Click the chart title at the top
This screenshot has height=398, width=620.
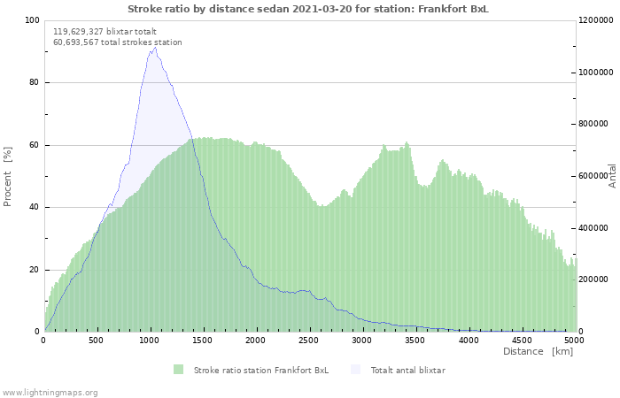click(307, 9)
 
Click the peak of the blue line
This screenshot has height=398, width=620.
click(155, 48)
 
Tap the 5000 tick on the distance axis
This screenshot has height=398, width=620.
click(574, 340)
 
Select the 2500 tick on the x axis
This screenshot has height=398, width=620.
click(309, 340)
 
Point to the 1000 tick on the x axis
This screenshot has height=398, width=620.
click(150, 340)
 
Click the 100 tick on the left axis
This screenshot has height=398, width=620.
click(32, 20)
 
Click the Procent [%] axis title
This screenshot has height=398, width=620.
click(8, 176)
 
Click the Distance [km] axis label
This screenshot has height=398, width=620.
click(538, 351)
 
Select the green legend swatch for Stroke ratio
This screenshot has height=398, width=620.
click(178, 370)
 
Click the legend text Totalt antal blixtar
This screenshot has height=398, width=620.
click(407, 370)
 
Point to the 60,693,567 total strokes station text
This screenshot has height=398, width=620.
click(118, 42)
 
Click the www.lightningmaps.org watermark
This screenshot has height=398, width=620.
click(50, 392)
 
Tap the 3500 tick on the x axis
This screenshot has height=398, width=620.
click(415, 340)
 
